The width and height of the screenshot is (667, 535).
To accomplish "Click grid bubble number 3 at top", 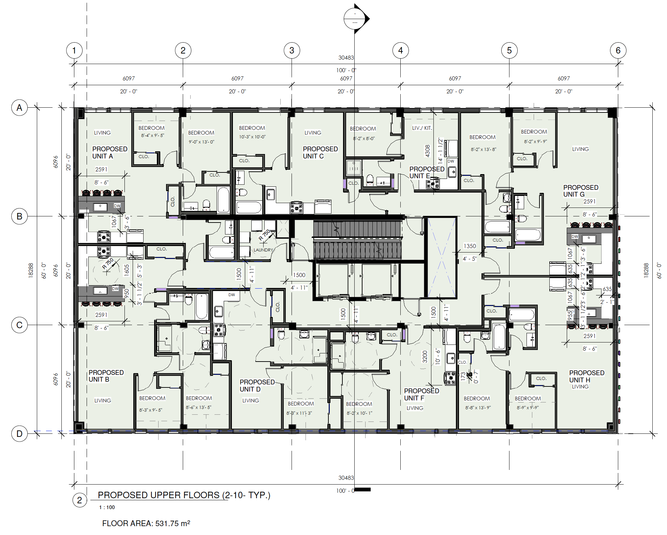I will pos(292,50).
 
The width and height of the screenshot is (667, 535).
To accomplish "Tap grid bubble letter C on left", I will pos(19,325).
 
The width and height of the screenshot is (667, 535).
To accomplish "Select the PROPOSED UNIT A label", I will pos(109,153).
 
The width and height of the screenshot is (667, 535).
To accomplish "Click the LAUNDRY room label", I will pos(263,250).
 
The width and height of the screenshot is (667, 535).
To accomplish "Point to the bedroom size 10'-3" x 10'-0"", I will pos(252,137).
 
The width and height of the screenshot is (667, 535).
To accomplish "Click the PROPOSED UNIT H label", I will pos(586,376).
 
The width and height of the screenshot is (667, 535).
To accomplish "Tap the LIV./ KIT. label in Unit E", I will pos(422,128).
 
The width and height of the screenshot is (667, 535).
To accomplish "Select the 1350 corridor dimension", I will pos(470,246).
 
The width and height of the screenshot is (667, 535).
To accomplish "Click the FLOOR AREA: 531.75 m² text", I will pos(146,523).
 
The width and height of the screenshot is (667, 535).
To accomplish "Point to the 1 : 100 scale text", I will pos(107,507).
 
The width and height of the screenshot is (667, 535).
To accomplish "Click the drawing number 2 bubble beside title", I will pos(79,500).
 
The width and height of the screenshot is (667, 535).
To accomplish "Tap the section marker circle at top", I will pos(355,18).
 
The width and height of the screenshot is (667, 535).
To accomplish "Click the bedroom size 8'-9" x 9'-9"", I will pos(527,408).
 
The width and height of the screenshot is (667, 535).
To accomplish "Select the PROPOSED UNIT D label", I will pos(257,385).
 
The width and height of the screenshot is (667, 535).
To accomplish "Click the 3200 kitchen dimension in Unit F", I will pos(425,356).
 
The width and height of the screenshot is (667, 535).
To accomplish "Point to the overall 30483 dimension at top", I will pos(346,58).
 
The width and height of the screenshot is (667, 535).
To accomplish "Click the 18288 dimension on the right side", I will pos(646,270).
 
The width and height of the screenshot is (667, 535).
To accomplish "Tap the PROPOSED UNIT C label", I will pos(320,153).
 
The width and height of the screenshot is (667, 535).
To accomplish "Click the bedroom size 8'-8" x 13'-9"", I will pos(478,408).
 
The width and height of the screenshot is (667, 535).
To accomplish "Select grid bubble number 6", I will pos(618,50).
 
